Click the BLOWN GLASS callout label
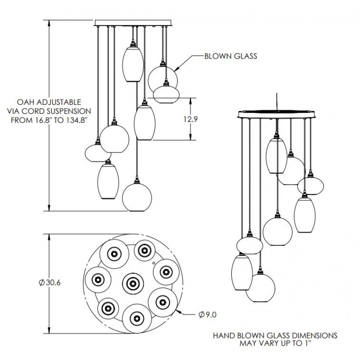pos(230,56)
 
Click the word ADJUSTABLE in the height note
pos(59,102)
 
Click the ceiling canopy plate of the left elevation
pos(134,22)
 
